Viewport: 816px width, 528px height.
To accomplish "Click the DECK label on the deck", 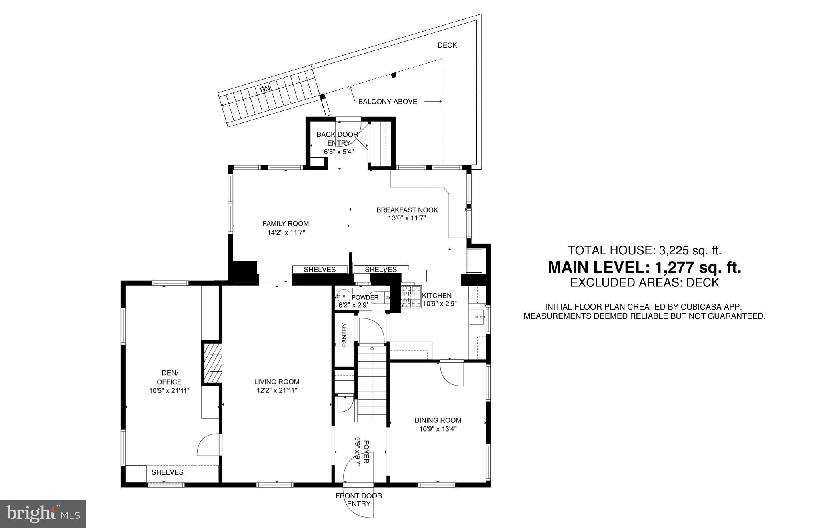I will [447, 45].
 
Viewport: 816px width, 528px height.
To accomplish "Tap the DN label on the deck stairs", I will [265, 90].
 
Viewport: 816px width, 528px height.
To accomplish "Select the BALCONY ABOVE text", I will [387, 102].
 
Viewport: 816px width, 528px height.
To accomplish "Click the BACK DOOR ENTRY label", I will [337, 138].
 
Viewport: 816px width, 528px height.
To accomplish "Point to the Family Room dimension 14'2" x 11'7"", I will [286, 232].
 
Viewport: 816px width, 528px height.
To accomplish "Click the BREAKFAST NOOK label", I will [407, 210].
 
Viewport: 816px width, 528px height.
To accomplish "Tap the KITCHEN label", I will [437, 296].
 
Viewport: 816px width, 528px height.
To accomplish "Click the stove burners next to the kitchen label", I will [411, 296].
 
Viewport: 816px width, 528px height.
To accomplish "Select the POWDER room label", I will [365, 297].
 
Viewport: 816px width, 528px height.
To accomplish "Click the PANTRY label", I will [344, 334].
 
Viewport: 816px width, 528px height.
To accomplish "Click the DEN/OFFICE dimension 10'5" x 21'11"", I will [169, 391].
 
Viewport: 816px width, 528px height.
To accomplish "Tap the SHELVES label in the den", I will [167, 472].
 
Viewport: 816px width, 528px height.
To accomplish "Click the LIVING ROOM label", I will [277, 382].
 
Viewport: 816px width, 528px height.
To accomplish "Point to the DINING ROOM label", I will [438, 420].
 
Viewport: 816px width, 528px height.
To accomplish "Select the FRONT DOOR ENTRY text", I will [358, 500].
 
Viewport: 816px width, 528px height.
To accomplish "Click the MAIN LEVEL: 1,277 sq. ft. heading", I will [644, 267].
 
